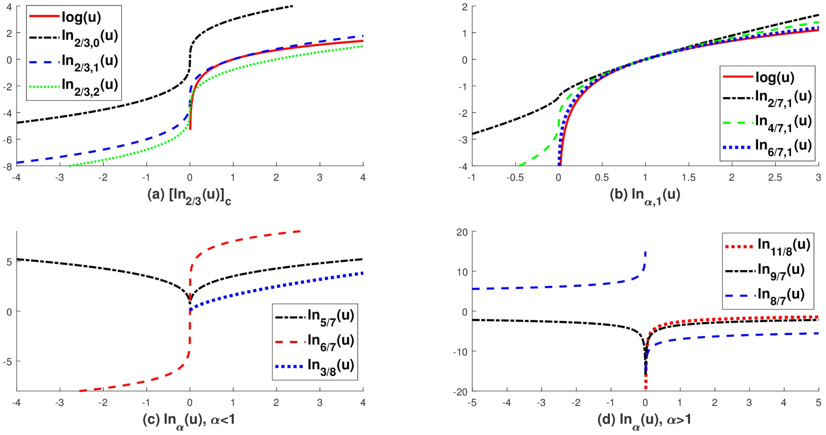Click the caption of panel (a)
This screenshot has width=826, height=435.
189,196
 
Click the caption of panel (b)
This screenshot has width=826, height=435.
645,196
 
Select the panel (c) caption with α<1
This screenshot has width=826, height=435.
189,421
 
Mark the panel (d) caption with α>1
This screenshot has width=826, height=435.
645,421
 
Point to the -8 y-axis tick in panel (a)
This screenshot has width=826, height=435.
8,166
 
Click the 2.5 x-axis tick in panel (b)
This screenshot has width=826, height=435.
775,177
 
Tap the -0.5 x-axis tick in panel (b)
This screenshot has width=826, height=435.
515,177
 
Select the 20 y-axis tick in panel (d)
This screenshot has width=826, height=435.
462,232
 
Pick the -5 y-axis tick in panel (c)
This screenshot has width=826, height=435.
8,362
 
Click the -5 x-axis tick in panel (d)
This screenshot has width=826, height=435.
472,403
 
